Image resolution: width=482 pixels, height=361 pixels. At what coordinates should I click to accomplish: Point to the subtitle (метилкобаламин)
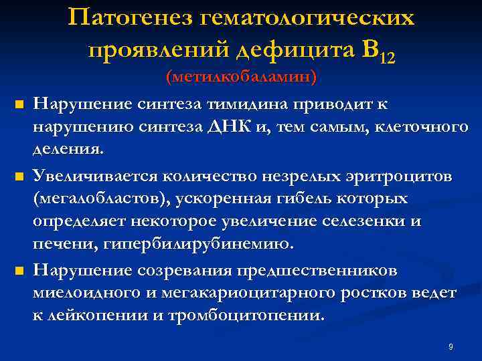[x=241, y=78]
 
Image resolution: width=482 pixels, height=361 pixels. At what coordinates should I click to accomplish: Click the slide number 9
[x=451, y=346]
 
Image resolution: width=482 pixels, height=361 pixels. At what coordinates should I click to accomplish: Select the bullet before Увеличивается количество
[x=19, y=177]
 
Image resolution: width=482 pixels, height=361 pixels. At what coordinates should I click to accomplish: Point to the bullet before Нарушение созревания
[x=19, y=271]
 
